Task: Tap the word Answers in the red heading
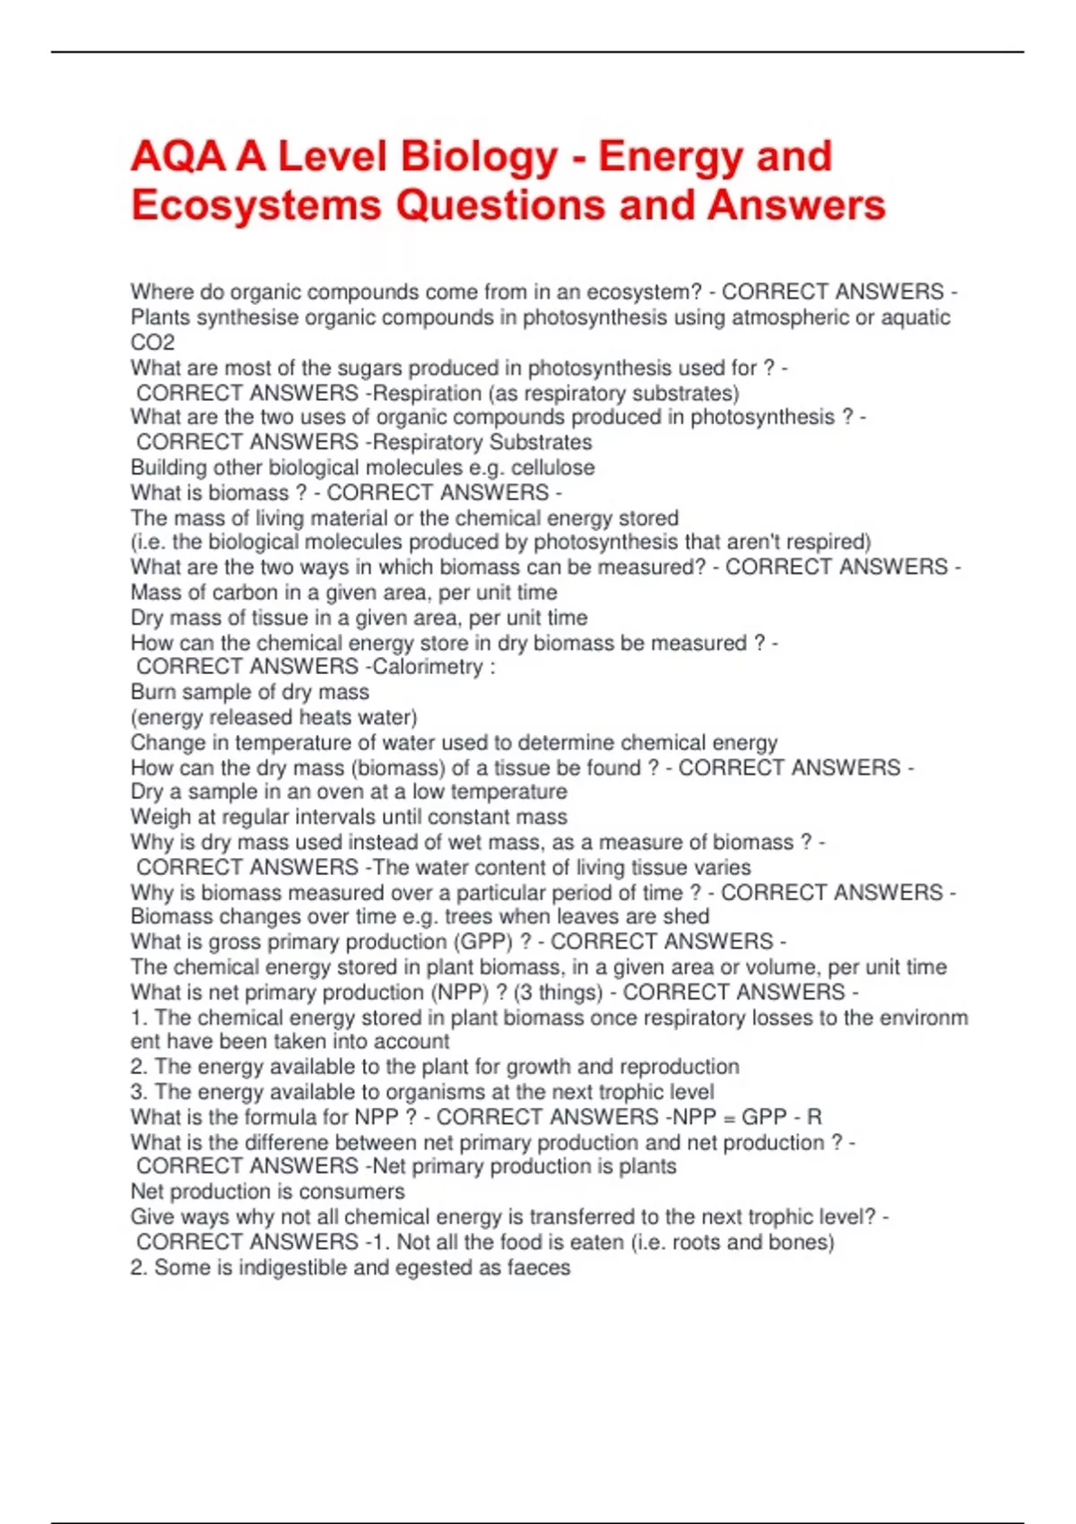(796, 205)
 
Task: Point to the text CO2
(152, 342)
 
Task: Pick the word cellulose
(552, 468)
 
